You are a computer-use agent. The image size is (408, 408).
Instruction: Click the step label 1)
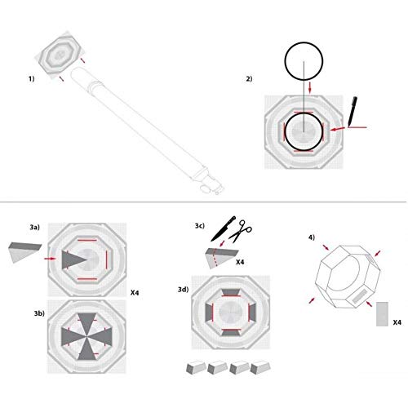32,79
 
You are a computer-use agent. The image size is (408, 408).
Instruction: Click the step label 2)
249,79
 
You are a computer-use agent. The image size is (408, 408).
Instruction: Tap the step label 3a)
35,227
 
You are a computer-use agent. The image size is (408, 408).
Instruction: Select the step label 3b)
39,313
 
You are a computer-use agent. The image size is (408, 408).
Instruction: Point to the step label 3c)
200,226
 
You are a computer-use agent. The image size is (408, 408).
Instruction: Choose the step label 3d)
184,290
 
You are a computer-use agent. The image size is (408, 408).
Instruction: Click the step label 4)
312,237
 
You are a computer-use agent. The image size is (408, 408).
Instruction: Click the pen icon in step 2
353,111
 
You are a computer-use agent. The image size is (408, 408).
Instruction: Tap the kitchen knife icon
223,228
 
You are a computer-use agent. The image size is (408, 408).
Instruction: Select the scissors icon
240,231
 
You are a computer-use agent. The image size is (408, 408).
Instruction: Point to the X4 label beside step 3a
135,293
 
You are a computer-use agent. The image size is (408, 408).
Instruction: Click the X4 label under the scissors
240,262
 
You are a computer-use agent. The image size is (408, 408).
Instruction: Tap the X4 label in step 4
397,322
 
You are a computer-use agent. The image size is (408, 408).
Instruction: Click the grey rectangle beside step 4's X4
382,314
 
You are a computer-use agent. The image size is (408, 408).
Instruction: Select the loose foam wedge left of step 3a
24,252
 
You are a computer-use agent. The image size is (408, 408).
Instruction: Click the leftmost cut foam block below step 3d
196,368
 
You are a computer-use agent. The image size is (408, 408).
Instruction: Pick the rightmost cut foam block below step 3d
260,368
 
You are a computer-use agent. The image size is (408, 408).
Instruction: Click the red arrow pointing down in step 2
310,88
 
